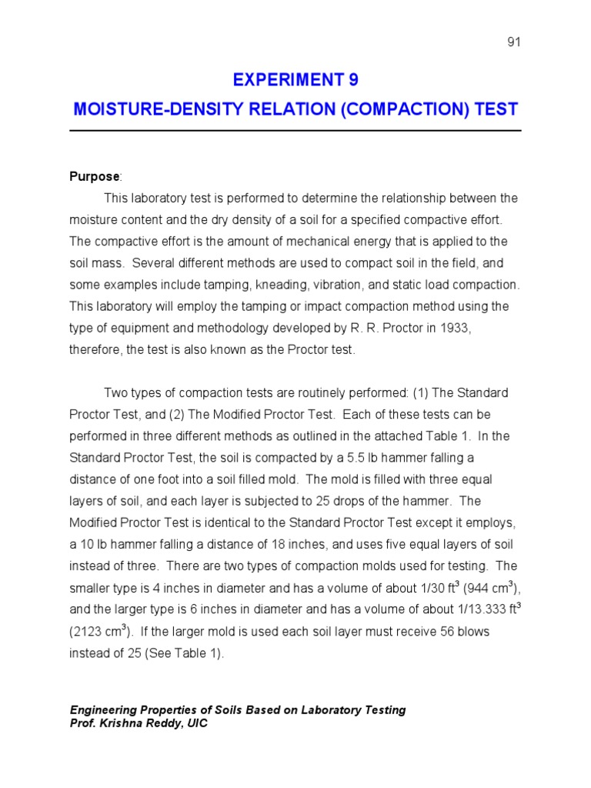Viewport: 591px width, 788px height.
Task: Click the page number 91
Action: coord(514,42)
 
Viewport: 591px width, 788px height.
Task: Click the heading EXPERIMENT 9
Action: coord(295,80)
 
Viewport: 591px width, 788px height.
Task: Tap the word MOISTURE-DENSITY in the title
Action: coord(135,109)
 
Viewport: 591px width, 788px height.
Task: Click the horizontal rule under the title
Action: coord(295,131)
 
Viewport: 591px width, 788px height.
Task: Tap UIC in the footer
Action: coord(195,723)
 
